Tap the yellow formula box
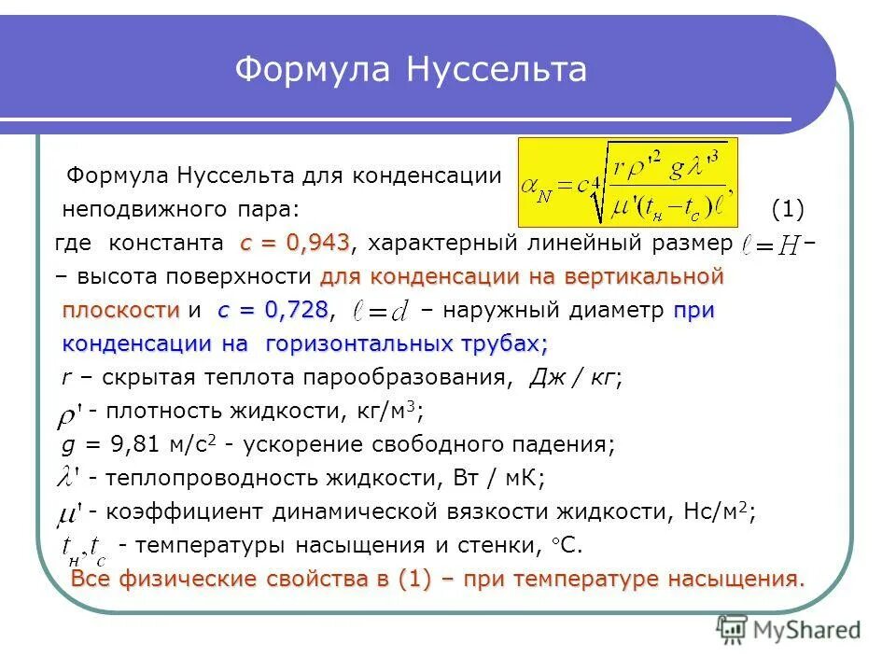tap(628, 181)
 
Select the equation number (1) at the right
tap(789, 207)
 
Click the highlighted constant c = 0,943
tap(295, 243)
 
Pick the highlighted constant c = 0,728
tap(273, 310)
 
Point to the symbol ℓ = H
tap(771, 245)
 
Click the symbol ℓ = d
tap(379, 311)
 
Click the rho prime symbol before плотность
tap(68, 413)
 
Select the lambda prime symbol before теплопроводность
tap(68, 478)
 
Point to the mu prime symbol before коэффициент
tap(68, 512)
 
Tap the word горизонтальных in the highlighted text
tap(360, 343)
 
